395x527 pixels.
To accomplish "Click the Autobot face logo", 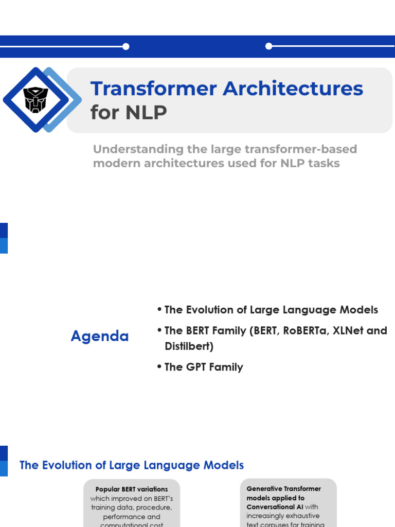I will point(35,100).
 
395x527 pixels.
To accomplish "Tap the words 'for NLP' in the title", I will point(129,112).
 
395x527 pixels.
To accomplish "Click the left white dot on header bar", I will point(126,46).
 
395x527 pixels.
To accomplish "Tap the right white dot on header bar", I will point(268,46).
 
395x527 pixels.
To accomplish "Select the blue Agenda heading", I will point(100,336).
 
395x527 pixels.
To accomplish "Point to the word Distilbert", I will point(189,346).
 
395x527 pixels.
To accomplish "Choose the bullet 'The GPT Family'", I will point(204,367).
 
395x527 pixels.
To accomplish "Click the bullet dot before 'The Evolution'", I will point(159,310).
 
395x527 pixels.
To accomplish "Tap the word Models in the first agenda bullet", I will point(360,310).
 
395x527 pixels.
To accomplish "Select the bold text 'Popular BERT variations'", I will point(132,489).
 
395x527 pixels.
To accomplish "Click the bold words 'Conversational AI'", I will point(275,507).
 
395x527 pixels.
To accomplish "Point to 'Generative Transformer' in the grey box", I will point(283,488).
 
